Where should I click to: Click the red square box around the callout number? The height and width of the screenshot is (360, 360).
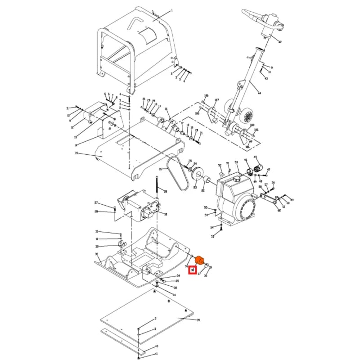point(193,270)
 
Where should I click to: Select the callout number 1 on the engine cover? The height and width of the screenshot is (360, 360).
point(171,10)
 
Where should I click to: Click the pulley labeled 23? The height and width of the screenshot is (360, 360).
point(197,175)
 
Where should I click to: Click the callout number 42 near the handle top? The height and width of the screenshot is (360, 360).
point(279,42)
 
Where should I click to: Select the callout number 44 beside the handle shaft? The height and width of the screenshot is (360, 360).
point(259,93)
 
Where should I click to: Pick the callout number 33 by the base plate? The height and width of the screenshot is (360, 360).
point(97,254)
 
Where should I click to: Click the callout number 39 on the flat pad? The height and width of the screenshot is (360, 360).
point(198,320)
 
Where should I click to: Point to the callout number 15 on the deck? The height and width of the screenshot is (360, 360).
point(76,153)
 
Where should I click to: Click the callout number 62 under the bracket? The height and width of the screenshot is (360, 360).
point(279,210)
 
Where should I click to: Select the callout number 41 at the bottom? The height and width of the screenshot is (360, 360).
point(156,354)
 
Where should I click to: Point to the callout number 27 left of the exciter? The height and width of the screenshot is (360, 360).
point(96,203)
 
